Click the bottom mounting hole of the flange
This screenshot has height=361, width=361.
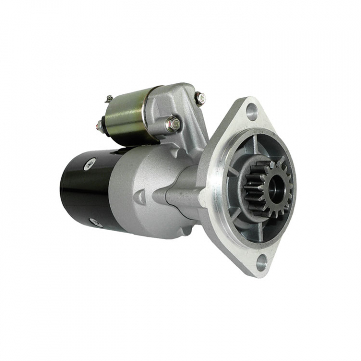coord(261,261)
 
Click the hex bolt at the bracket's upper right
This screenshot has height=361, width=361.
coord(201,98)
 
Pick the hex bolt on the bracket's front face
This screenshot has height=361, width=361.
coord(173,124)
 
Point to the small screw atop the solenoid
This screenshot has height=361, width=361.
coord(109,99)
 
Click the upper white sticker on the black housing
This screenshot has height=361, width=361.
coord(91,163)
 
